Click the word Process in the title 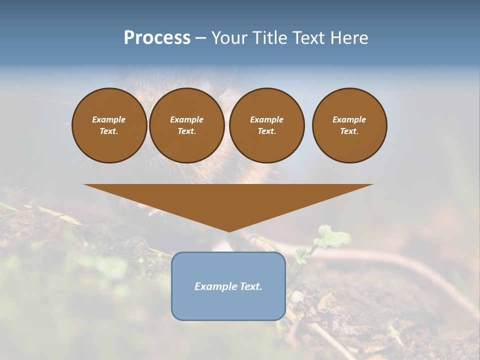click(x=157, y=38)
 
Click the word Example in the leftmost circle click(x=109, y=119)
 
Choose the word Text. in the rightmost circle click(x=349, y=131)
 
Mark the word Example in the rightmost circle click(x=349, y=119)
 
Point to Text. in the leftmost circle click(x=109, y=131)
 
